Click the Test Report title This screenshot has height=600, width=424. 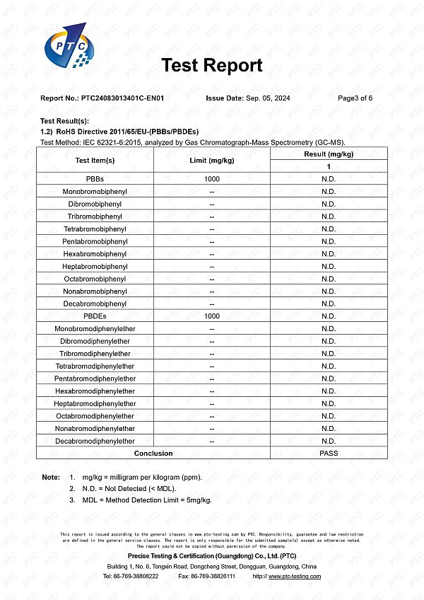(212, 66)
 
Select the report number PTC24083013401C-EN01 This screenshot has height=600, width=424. (122, 98)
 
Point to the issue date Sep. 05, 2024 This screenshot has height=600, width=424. (268, 98)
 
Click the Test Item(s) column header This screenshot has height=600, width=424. (95, 161)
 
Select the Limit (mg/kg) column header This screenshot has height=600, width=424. (212, 161)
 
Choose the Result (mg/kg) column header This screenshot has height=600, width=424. (328, 154)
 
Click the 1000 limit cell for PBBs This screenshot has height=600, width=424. (212, 179)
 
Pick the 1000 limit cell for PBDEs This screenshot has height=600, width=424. (212, 316)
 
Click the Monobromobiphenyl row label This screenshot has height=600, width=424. (95, 192)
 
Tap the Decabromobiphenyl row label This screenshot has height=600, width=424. (95, 304)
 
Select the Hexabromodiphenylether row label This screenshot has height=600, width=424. (95, 391)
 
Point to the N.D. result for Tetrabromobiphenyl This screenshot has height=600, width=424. (328, 229)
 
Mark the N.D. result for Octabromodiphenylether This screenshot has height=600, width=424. (328, 416)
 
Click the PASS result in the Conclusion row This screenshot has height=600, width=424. (328, 454)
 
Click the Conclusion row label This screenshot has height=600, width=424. (153, 454)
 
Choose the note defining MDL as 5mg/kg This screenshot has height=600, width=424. (146, 500)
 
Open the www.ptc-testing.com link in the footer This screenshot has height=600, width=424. (295, 577)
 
